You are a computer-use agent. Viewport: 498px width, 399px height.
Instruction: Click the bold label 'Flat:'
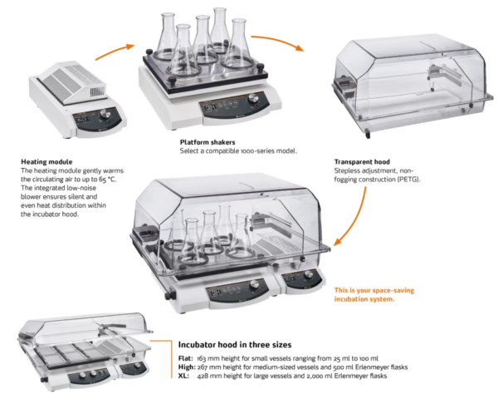pos(187,357)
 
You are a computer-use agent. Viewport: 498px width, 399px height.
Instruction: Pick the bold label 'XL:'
pos(185,376)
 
